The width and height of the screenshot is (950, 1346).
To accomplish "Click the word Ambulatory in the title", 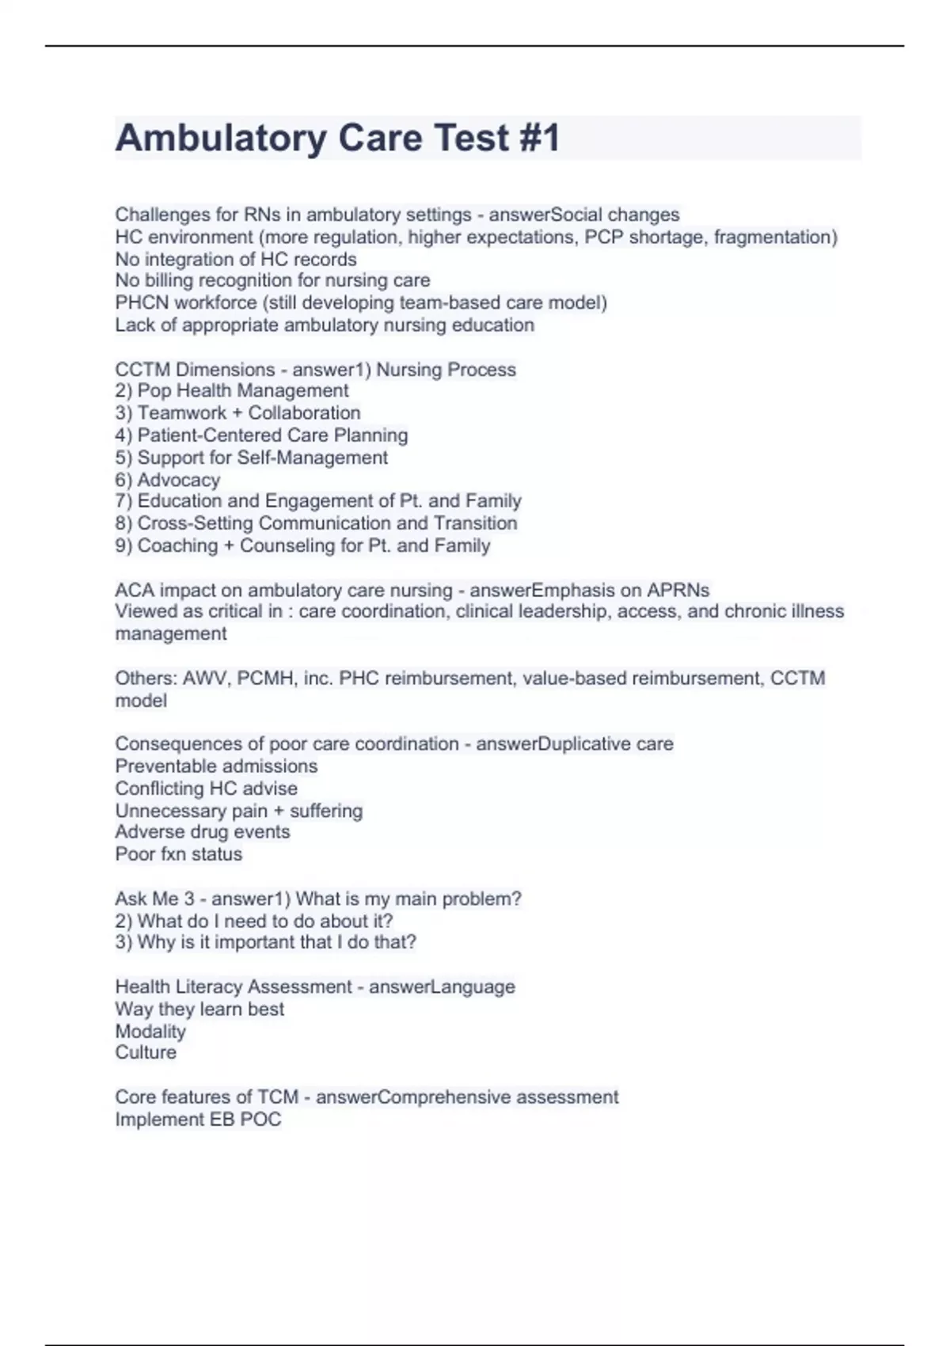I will (220, 139).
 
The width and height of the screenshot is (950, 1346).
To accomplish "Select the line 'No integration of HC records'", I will (236, 259).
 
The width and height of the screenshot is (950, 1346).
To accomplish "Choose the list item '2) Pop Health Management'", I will (232, 391).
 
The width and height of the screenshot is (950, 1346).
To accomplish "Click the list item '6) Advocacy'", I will (168, 480).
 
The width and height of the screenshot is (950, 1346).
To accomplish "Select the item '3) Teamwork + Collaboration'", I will (237, 413).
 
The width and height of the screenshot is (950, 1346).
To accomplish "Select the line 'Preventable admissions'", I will (216, 766).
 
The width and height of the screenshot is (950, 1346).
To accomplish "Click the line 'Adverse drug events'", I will (203, 832).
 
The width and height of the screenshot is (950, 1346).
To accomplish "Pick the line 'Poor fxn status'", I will (179, 854).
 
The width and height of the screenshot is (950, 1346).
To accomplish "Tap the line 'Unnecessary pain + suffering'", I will (239, 811).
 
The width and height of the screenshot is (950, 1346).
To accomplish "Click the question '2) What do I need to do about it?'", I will (254, 921).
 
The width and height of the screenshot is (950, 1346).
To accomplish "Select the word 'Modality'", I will (150, 1032).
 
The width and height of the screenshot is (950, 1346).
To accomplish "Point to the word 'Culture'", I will (146, 1053).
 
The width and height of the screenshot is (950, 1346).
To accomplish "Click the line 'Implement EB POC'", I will (198, 1120).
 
